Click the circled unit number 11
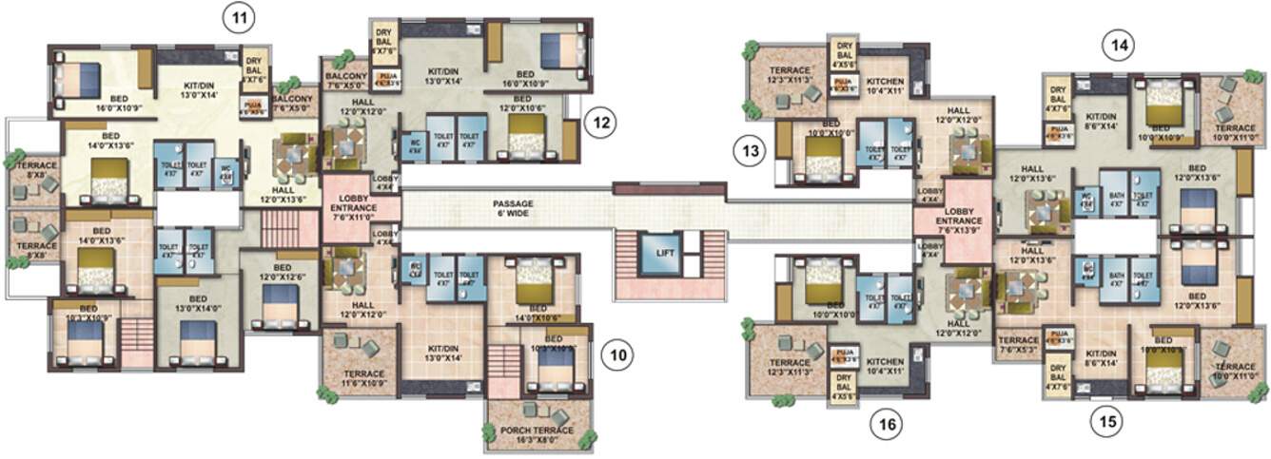tap(239, 16)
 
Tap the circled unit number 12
tap(600, 122)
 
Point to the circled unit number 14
tap(1118, 44)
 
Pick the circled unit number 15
tap(1105, 420)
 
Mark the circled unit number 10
tap(618, 355)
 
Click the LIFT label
tap(664, 253)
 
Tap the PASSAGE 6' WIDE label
tap(513, 208)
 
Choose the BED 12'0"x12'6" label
tap(282, 274)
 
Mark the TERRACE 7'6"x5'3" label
tap(1018, 345)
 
